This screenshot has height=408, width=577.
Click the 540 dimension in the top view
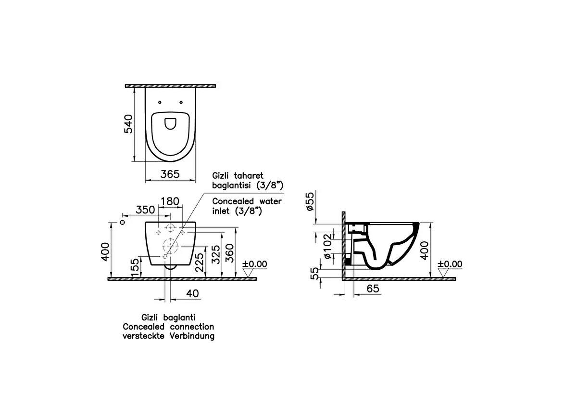click(x=128, y=124)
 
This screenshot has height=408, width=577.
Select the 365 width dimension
click(x=170, y=174)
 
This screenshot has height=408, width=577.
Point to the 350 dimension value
click(x=145, y=210)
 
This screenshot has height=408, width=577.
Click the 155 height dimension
click(x=135, y=268)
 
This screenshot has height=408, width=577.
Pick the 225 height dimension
click(x=199, y=262)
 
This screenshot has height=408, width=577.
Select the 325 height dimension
click(x=215, y=254)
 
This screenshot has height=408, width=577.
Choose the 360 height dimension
click(x=229, y=253)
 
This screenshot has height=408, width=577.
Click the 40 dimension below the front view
click(x=192, y=293)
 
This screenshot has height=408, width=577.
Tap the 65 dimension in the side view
click(x=373, y=289)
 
